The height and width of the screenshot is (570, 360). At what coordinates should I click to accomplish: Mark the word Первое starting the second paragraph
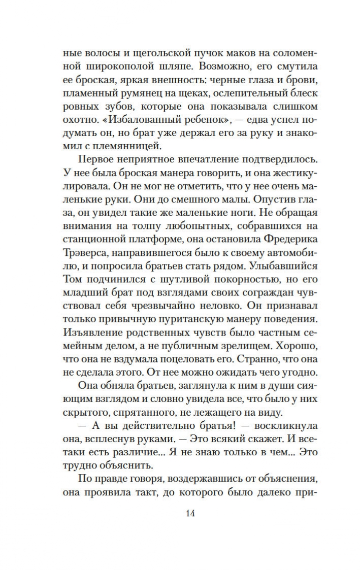pyautogui.click(x=100, y=160)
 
